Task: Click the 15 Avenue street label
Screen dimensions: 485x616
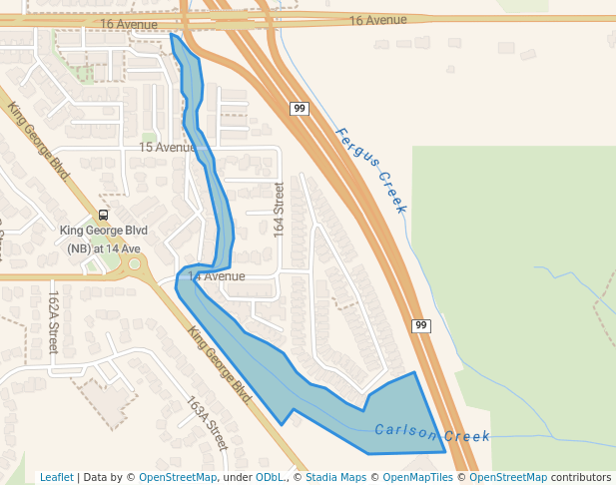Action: pyautogui.click(x=167, y=148)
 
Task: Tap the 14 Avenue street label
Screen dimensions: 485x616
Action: pyautogui.click(x=216, y=276)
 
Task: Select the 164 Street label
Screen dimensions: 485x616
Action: pyautogui.click(x=280, y=208)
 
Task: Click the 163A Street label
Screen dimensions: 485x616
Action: pyautogui.click(x=208, y=424)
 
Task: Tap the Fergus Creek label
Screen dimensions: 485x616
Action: pyautogui.click(x=371, y=170)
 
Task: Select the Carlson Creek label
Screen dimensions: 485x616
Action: pyautogui.click(x=432, y=434)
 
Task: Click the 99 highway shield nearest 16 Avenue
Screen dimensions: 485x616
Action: pyautogui.click(x=299, y=108)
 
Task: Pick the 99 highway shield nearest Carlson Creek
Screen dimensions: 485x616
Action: pyautogui.click(x=420, y=325)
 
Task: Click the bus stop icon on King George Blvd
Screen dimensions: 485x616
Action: pyautogui.click(x=103, y=215)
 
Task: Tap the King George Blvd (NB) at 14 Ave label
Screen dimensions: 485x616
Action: pyautogui.click(x=104, y=240)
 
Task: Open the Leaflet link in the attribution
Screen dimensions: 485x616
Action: pyautogui.click(x=57, y=478)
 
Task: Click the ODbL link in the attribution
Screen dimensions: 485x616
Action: pyautogui.click(x=269, y=478)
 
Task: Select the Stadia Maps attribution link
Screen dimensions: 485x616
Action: pyautogui.click(x=334, y=478)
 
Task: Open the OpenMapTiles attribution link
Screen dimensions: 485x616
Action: pyautogui.click(x=417, y=478)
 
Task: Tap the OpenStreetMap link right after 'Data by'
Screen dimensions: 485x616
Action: pyautogui.click(x=178, y=478)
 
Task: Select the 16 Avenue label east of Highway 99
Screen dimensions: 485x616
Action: pyautogui.click(x=378, y=20)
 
